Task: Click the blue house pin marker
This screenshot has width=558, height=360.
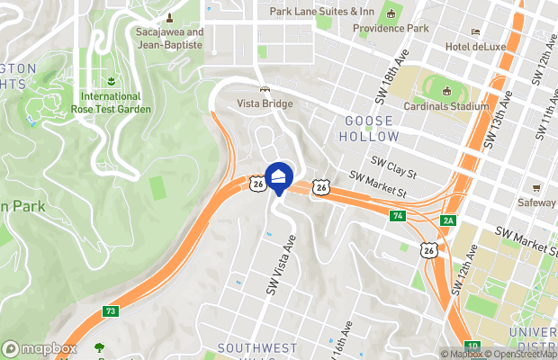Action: coord(280,175)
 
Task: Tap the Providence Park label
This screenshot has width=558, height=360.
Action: coord(391,28)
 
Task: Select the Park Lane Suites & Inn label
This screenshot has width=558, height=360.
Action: coord(321,12)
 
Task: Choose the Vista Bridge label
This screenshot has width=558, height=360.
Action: coord(265,104)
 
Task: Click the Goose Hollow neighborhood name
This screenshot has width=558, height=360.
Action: coord(369,128)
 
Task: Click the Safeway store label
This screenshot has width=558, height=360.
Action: coord(537,203)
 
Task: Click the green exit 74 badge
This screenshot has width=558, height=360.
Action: coord(397,216)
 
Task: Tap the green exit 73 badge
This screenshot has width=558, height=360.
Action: coord(111,311)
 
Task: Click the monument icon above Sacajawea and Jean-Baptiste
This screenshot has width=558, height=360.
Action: coord(169,17)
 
